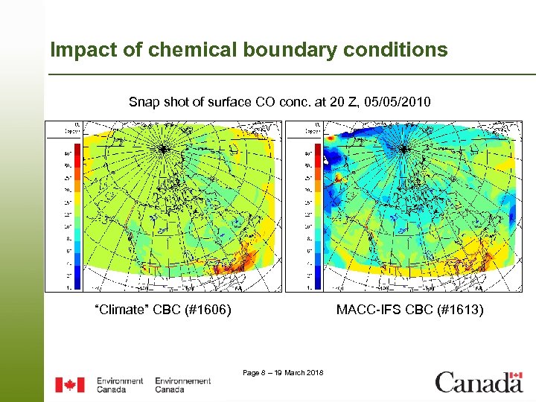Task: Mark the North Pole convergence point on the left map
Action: coord(162,149)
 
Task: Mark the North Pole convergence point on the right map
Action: coord(403,149)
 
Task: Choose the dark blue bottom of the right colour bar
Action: coord(317,281)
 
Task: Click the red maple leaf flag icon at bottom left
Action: coord(70,385)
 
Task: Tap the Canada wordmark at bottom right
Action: coord(479,382)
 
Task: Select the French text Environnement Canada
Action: coord(182,385)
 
